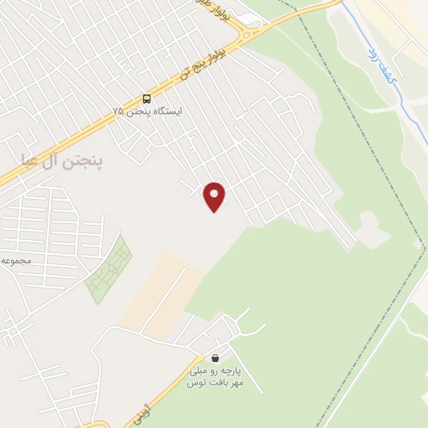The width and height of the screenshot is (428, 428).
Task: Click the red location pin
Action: tap(215, 196)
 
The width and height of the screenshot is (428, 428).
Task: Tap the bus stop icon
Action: tap(147, 99)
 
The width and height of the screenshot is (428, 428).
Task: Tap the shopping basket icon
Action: tap(217, 358)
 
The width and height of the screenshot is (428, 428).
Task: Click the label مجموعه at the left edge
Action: tap(16, 261)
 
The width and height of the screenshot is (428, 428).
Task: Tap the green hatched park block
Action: tap(109, 270)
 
